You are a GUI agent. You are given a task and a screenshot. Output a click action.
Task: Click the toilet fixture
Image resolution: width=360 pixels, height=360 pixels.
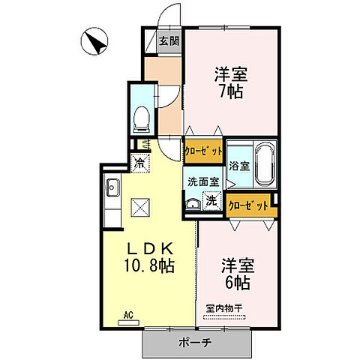tap(140, 117)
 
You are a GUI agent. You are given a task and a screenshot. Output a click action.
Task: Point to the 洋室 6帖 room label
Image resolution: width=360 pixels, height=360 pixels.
tap(237, 274)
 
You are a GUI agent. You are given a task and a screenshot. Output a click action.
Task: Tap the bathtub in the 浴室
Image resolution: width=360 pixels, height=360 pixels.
tap(265, 164)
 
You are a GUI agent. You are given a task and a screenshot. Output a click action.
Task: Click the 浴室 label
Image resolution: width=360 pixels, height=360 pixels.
tap(239, 165)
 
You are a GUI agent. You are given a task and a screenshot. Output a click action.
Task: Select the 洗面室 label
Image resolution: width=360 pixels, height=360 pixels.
tap(202, 181)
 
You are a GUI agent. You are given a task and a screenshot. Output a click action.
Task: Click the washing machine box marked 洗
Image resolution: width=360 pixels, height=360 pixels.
tap(212, 200)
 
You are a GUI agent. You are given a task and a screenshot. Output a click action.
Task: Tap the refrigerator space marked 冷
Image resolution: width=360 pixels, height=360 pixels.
tap(139, 160)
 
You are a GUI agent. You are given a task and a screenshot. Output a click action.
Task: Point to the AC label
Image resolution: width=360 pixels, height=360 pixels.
tap(127, 314)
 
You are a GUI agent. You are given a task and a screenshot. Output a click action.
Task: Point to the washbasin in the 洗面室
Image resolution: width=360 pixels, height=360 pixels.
tap(193, 202)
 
